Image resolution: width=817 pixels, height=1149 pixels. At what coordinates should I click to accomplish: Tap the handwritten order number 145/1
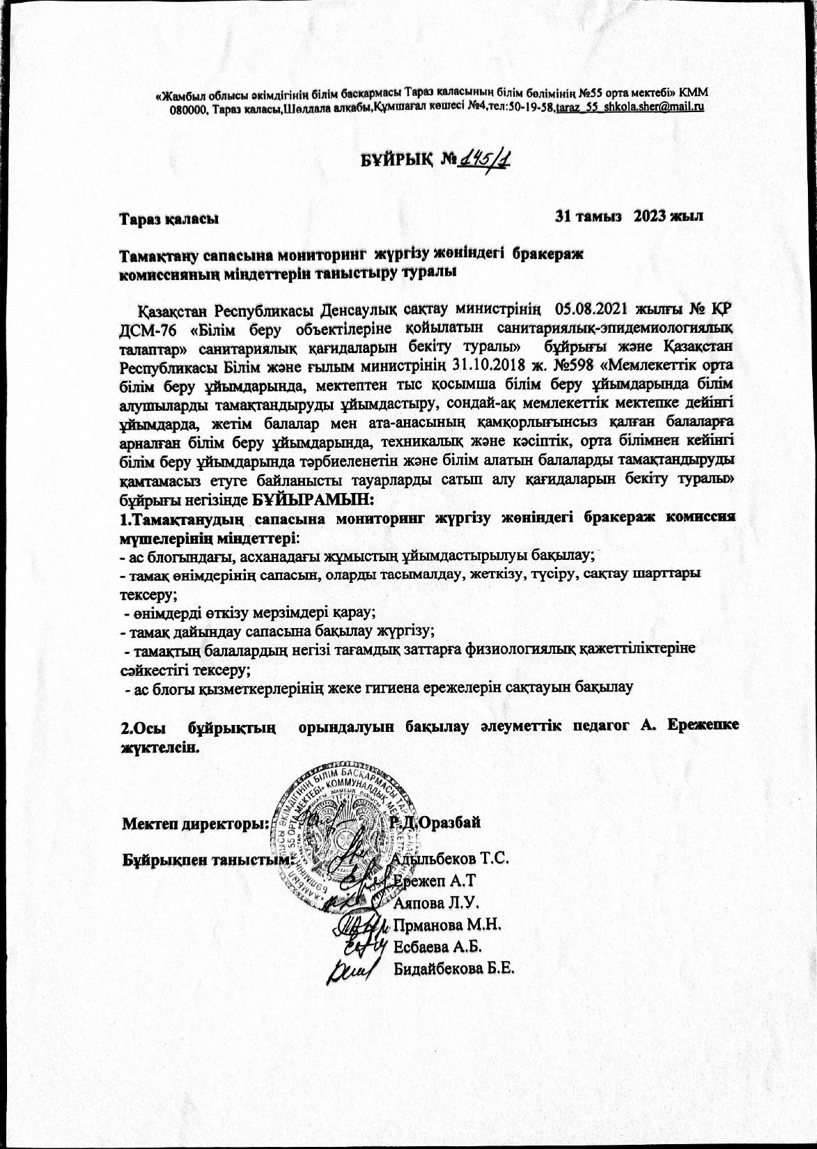pyautogui.click(x=482, y=160)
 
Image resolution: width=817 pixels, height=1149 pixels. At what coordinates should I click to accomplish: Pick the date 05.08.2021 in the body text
pyautogui.click(x=589, y=308)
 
